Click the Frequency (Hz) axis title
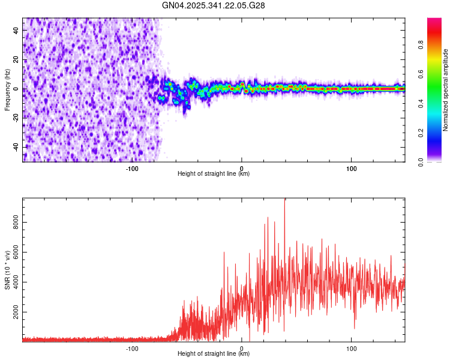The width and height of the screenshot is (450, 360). click(7, 89)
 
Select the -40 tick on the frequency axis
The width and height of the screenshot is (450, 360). click(17, 147)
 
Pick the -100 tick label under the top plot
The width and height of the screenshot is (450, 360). click(132, 168)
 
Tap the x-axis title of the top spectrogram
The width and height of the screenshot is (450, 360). click(214, 174)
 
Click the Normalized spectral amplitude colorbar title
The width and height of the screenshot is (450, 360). click(446, 90)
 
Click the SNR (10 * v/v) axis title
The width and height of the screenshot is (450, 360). click(7, 270)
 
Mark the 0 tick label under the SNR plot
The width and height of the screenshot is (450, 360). click(242, 348)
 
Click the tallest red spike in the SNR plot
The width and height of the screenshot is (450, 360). click(285, 200)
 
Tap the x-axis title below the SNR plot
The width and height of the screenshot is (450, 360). click(214, 354)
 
